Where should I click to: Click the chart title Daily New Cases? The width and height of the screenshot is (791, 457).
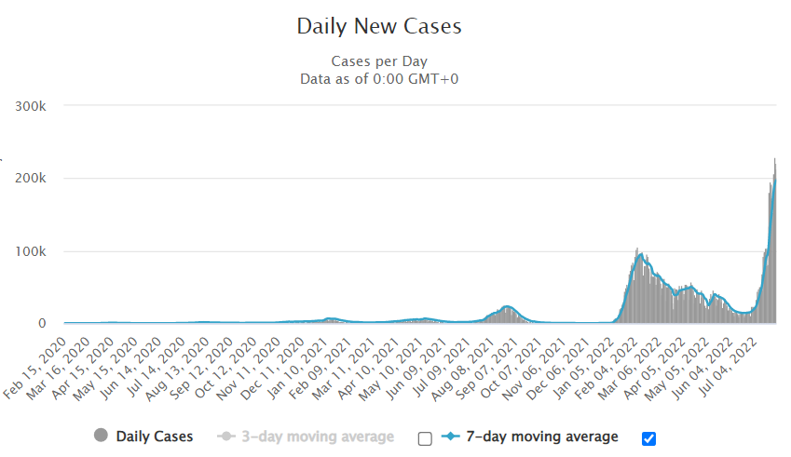coord(378,26)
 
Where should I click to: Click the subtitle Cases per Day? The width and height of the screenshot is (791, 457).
coord(378,61)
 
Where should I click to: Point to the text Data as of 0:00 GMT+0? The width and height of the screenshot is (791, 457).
coord(378,78)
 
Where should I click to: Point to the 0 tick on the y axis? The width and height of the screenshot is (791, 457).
coord(55,324)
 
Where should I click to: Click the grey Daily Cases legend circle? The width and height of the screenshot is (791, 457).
coord(101,436)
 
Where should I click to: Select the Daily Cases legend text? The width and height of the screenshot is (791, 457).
coord(154,436)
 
